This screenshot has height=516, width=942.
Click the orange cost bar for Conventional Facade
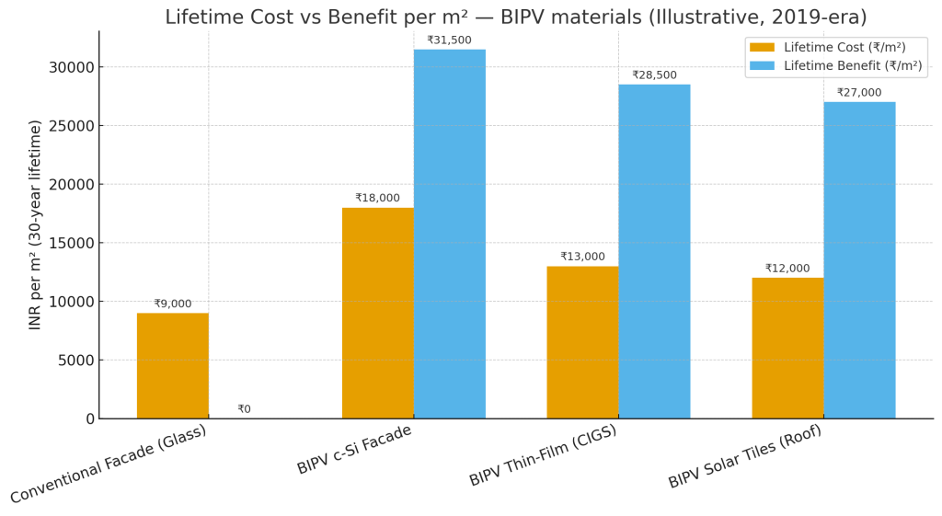[173, 365]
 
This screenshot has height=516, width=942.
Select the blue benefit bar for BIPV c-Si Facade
[449, 234]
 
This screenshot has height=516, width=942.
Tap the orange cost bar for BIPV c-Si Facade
[377, 313]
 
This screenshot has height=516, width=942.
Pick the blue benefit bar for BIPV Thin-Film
[654, 251]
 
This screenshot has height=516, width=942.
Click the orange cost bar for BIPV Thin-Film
[582, 342]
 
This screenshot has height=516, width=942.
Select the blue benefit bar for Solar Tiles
[859, 259]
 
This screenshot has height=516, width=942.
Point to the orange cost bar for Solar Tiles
[787, 348]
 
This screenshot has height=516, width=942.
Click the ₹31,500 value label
[449, 40]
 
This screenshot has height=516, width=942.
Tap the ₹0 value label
[244, 409]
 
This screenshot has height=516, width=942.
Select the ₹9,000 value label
[173, 304]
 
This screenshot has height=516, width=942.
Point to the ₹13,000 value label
[582, 257]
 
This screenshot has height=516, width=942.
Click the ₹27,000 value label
[859, 93]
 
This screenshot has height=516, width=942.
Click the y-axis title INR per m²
[35, 224]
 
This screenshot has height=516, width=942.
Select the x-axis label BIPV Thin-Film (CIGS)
[543, 455]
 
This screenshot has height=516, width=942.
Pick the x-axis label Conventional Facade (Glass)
[109, 464]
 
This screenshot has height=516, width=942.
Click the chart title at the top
[515, 17]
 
